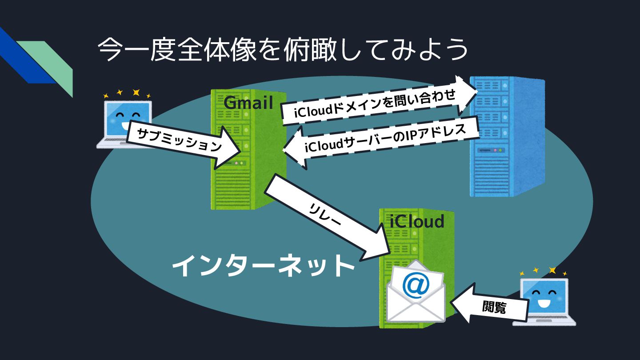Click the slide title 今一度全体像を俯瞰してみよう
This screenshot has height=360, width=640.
coord(283,49)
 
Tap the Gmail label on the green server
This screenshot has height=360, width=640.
coord(248,103)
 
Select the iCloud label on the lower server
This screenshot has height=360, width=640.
coord(416,221)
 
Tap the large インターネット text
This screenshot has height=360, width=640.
coord(263,267)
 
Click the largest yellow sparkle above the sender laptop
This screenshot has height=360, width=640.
coord(136,92)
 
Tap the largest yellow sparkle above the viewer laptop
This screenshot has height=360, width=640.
coord(552,270)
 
